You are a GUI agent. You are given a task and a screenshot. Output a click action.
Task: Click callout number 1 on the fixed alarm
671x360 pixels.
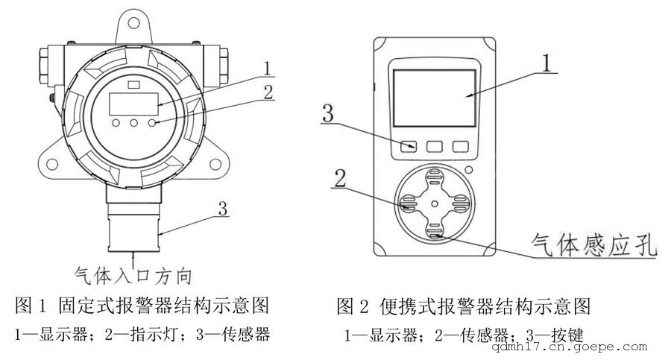(266, 69)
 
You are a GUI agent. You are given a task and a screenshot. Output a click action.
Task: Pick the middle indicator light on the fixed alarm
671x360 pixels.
(135, 122)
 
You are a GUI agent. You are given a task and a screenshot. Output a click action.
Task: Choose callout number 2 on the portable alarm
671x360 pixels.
(340, 179)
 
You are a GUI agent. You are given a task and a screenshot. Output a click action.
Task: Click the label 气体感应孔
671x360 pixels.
(593, 244)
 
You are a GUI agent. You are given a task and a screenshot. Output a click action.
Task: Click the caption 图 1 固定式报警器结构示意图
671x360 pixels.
(142, 306)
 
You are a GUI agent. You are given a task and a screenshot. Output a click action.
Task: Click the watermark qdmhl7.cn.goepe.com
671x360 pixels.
(575, 347)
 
